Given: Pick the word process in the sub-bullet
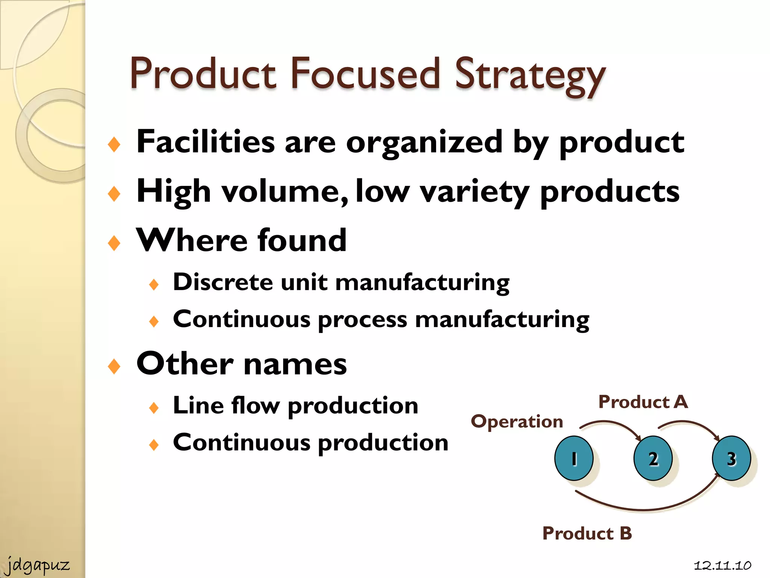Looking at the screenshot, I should pyautogui.click(x=362, y=320).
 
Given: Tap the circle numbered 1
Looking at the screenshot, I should pyautogui.click(x=574, y=458).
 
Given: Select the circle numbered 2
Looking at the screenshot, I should pyautogui.click(x=653, y=458).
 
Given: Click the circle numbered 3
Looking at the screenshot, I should pyautogui.click(x=731, y=458).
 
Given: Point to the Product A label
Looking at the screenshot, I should pyautogui.click(x=643, y=402).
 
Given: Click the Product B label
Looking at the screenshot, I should pyautogui.click(x=587, y=533).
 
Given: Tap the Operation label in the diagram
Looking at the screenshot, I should pyautogui.click(x=517, y=421).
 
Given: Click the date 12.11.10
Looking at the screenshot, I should pyautogui.click(x=722, y=566).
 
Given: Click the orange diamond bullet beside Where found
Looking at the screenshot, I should pyautogui.click(x=114, y=243).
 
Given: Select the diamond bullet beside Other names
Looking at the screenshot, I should pyautogui.click(x=114, y=366).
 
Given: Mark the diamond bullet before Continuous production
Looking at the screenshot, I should pyautogui.click(x=154, y=445).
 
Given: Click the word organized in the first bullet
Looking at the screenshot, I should pyautogui.click(x=424, y=142).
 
